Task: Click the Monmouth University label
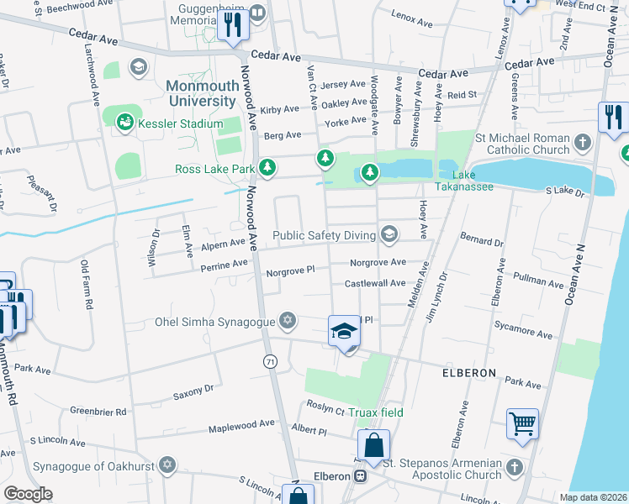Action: pos(201,93)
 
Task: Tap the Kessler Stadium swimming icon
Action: pos(124,123)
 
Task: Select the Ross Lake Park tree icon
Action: pos(267,169)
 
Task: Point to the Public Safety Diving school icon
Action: pos(388,234)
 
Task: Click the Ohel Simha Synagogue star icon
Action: pos(288,321)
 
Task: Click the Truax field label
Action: pos(378,412)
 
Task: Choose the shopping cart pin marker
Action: pos(522,424)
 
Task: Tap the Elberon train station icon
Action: pos(361,475)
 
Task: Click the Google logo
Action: pos(28,494)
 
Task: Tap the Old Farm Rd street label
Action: pos(85,284)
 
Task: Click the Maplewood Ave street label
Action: pos(242,425)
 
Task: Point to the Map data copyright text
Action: pos(592,497)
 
